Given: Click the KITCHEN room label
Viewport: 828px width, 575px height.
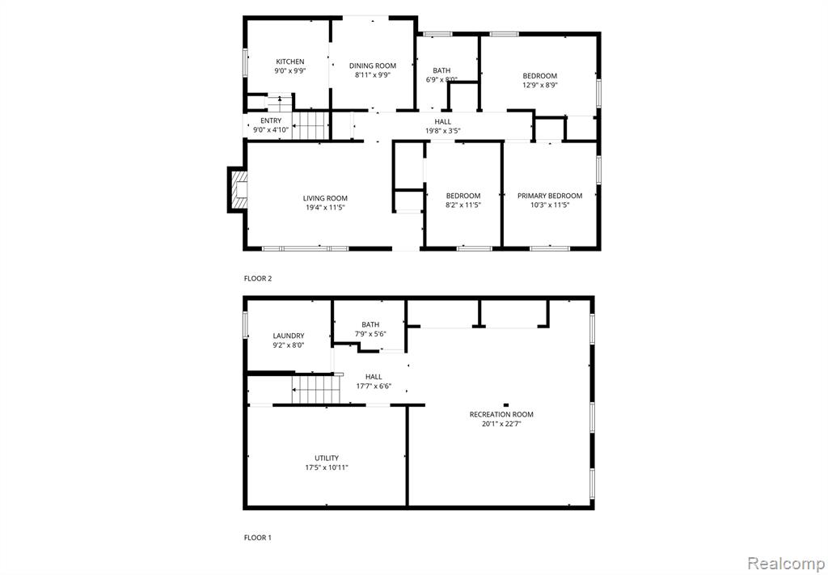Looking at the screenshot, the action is click(290, 61).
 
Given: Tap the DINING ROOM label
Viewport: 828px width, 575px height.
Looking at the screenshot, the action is click(372, 66).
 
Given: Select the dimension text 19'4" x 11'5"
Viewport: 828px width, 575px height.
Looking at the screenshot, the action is click(325, 208).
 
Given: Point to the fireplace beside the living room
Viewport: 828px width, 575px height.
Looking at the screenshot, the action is click(237, 189).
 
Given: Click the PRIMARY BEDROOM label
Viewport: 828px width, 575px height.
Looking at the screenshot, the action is click(550, 196).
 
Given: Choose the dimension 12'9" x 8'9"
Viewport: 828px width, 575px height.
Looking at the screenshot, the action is click(539, 84).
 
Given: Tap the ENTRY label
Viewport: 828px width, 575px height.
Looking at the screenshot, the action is click(271, 121).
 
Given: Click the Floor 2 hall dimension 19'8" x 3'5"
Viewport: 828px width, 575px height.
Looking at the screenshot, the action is click(442, 130).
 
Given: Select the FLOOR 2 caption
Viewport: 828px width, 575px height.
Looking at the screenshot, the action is click(258, 278).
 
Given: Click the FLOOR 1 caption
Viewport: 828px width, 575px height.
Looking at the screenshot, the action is click(258, 538).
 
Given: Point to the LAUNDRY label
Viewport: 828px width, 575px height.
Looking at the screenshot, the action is click(289, 336).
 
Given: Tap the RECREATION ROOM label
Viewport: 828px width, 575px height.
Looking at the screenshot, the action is click(501, 415).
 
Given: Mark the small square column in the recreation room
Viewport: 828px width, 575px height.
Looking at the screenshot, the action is click(506, 405).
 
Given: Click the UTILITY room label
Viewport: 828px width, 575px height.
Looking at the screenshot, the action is click(327, 458).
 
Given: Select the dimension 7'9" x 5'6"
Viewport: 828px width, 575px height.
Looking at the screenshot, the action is click(370, 334).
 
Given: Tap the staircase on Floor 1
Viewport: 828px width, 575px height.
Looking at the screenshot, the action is click(313, 389).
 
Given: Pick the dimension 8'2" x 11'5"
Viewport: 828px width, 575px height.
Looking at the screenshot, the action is click(463, 205).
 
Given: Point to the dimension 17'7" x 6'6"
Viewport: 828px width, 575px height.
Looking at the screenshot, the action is click(374, 386).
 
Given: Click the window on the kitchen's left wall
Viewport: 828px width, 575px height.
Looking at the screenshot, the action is click(245, 63).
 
